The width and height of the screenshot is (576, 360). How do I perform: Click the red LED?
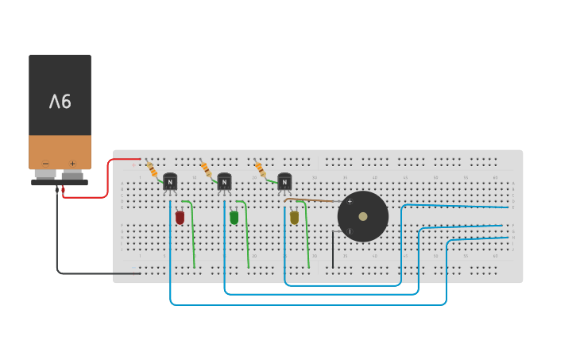[x=180, y=217]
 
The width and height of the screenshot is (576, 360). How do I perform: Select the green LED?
[x=234, y=217]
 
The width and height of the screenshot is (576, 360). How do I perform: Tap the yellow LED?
[x=294, y=217]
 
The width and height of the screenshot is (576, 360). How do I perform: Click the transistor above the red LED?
[x=170, y=181]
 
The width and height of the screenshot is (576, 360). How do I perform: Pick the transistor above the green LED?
[x=224, y=181]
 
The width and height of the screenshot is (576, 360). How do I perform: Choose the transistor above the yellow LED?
[x=284, y=181]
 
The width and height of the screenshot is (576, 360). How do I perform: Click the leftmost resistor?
[x=152, y=168]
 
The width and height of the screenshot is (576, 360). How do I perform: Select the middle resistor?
[x=206, y=168]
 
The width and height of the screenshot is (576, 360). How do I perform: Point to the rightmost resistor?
[x=260, y=168]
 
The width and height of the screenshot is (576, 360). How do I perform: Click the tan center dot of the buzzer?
[x=363, y=216]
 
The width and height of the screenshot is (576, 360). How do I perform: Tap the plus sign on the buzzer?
[x=350, y=202]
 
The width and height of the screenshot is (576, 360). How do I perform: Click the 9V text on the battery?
[x=60, y=102]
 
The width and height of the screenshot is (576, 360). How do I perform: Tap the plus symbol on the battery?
[x=72, y=164]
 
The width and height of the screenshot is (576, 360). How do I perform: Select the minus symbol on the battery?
[x=45, y=164]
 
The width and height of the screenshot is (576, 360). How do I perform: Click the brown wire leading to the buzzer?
[x=314, y=200]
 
